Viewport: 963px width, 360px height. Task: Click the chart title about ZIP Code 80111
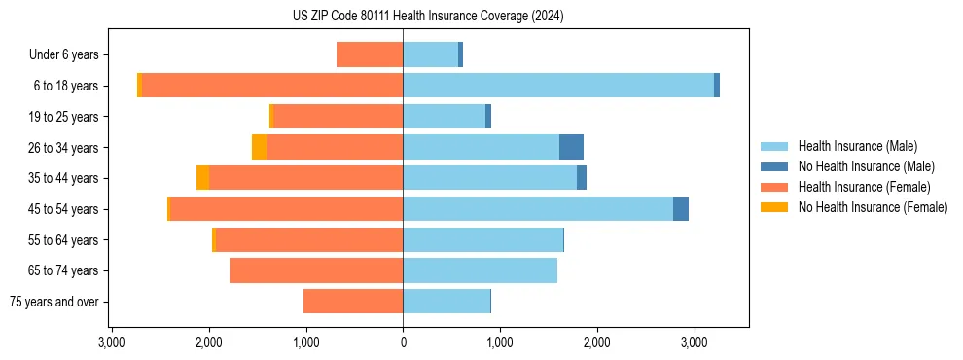click(428, 17)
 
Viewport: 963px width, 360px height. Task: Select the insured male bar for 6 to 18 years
click(558, 86)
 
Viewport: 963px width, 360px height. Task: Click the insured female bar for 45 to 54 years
click(286, 209)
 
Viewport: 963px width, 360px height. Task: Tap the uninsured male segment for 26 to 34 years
click(571, 147)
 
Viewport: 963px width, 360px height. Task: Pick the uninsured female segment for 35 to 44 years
click(202, 178)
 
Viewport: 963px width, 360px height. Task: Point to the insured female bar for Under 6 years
click(370, 54)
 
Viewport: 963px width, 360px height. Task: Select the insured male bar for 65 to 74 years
click(481, 270)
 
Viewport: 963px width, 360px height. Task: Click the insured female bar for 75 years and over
click(353, 302)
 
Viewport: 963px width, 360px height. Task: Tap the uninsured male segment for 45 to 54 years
click(681, 209)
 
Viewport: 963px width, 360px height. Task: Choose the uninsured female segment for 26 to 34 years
click(259, 147)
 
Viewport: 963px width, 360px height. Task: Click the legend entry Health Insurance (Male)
click(857, 146)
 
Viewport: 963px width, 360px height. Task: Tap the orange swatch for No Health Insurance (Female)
click(774, 207)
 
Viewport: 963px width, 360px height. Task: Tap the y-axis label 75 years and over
click(54, 302)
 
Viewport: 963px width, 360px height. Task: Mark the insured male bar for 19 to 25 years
click(444, 117)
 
